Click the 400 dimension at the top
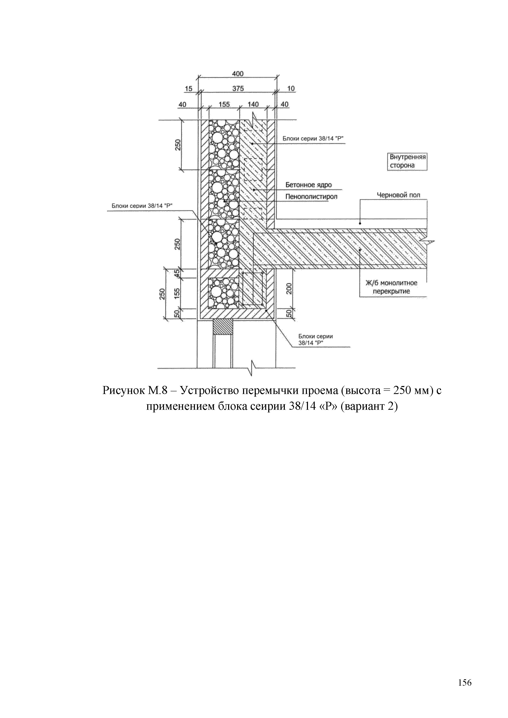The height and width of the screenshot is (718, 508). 238,74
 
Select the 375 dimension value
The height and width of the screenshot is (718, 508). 238,89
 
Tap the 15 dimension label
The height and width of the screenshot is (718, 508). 188,89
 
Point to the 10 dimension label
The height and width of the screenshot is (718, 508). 291,89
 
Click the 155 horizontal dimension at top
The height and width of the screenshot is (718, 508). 224,104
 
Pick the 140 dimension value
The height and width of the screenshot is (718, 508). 253,104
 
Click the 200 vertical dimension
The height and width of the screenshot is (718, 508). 289,288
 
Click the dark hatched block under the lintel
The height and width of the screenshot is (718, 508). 223,327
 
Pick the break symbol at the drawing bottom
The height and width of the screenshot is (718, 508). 252,368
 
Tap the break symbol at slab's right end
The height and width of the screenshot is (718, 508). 428,242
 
